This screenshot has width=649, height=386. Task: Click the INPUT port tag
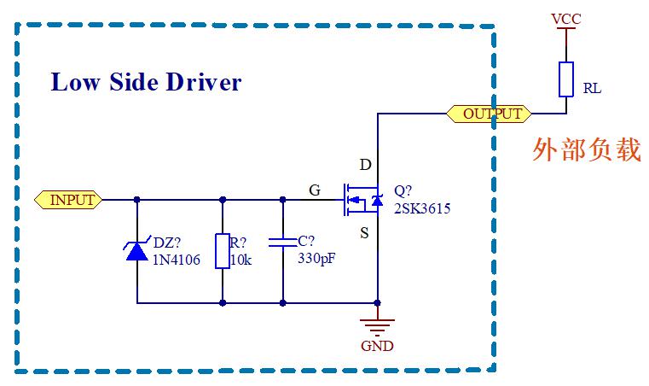click(x=69, y=200)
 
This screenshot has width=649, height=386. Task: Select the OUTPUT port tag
click(x=489, y=114)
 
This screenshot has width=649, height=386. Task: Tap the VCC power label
click(x=565, y=18)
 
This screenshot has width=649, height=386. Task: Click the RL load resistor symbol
click(x=565, y=79)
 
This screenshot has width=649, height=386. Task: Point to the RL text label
click(x=592, y=89)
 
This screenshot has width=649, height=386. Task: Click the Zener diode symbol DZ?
click(x=137, y=250)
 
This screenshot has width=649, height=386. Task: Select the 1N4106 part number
click(x=177, y=260)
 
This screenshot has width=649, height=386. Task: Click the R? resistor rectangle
click(x=222, y=251)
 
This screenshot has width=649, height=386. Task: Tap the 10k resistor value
click(x=241, y=260)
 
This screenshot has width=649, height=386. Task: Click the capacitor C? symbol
click(x=282, y=243)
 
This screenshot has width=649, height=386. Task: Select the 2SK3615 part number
click(x=421, y=208)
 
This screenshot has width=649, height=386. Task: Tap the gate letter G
click(x=315, y=190)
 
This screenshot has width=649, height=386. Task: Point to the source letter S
click(x=364, y=232)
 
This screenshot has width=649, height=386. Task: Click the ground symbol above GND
click(x=378, y=324)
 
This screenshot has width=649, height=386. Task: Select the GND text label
click(x=377, y=346)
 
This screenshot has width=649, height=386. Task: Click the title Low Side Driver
click(x=146, y=82)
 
